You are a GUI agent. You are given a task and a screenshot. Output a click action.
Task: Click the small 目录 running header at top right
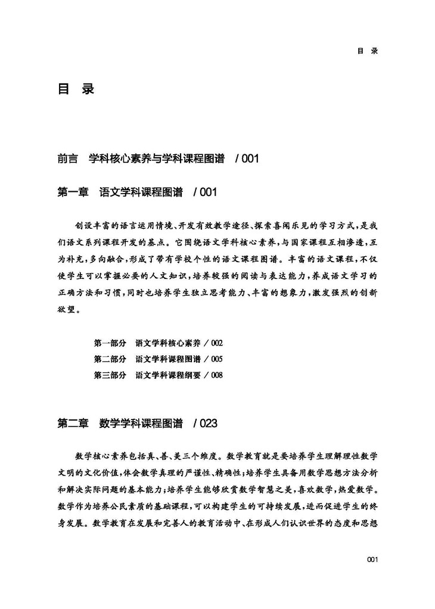pos(368,51)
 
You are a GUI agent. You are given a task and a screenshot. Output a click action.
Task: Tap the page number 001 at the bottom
pos(372,559)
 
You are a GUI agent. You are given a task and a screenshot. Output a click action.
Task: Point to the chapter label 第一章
pos(73,192)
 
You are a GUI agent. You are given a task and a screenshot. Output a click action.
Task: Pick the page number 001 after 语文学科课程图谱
pos(209,192)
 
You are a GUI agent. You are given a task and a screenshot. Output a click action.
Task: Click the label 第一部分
pos(110,343)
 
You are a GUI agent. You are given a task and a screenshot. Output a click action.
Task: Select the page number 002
pos(216,343)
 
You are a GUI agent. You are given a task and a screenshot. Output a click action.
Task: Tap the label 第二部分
pos(110,359)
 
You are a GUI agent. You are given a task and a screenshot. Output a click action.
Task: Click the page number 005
pos(216,359)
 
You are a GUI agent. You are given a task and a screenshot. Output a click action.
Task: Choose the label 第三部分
pos(110,375)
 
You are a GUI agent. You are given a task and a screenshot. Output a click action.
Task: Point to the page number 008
pos(216,375)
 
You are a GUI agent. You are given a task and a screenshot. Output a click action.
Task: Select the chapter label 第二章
pos(73,424)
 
